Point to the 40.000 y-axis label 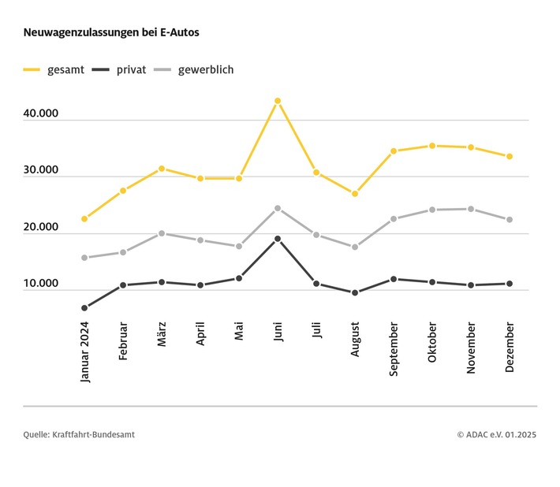(x=41, y=114)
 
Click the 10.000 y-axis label (x=41, y=284)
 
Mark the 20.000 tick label (x=41, y=228)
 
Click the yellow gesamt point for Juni (x=278, y=101)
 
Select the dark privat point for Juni (x=278, y=239)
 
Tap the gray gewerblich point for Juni (x=278, y=208)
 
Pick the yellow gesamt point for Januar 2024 (x=84, y=218)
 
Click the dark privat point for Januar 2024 (x=84, y=308)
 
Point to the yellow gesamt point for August (x=355, y=193)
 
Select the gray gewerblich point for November (x=471, y=209)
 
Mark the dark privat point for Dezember (x=510, y=284)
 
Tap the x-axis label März (x=162, y=336)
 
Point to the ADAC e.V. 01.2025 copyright (x=496, y=434)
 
